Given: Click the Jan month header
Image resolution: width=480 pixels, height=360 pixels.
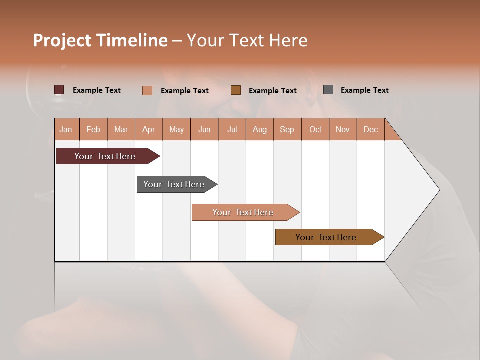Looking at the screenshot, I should tap(66, 129).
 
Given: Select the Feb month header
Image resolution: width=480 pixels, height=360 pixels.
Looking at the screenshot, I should tap(93, 129).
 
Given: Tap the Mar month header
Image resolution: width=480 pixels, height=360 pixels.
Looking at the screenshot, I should tap(121, 129).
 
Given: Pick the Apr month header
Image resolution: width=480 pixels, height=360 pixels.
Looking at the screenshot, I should tap(149, 129).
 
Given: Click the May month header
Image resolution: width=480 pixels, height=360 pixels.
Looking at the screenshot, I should tap(176, 129).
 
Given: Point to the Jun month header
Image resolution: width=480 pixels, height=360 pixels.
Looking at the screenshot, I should tap(204, 129).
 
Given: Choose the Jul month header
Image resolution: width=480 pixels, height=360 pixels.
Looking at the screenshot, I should tap(232, 129).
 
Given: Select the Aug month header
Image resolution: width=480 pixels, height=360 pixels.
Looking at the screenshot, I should tap(260, 129).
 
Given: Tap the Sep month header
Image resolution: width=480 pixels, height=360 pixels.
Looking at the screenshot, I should tap(287, 129).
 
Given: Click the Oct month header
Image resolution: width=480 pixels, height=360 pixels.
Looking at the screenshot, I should tap(315, 129).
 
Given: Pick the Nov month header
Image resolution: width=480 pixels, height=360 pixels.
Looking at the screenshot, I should tap(343, 129).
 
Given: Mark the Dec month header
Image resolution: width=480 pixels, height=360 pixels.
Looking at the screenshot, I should tap(371, 129).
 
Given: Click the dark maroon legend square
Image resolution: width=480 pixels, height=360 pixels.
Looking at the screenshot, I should tap(59, 90).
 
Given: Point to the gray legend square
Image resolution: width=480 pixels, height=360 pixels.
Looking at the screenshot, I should tap(328, 90).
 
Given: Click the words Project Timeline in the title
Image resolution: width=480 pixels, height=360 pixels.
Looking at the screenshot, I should tap(100, 40).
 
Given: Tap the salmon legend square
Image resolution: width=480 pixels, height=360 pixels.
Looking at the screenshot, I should tap(147, 90).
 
